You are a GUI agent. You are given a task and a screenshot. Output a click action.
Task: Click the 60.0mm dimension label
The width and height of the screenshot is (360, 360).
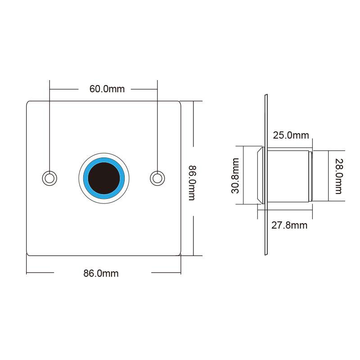(107, 89)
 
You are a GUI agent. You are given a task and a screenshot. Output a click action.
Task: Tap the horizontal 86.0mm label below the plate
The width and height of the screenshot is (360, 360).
(101, 273)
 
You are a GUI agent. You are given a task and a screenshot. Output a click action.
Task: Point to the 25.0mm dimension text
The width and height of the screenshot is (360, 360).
(291, 135)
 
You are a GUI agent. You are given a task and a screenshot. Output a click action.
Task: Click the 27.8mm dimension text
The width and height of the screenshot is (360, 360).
(289, 225)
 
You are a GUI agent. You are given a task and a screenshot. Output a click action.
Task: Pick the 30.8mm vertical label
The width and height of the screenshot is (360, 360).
(235, 175)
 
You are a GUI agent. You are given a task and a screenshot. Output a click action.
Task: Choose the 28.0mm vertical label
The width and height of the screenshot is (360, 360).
(338, 176)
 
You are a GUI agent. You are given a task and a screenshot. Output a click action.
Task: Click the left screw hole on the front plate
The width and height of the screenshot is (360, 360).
(49, 178)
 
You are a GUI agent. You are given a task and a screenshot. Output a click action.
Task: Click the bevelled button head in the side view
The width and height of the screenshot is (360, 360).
(260, 175)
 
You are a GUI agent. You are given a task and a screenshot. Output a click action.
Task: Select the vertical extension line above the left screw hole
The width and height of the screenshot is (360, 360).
(49, 126)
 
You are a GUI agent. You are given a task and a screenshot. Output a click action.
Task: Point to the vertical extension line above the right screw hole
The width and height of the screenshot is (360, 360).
(157, 126)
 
